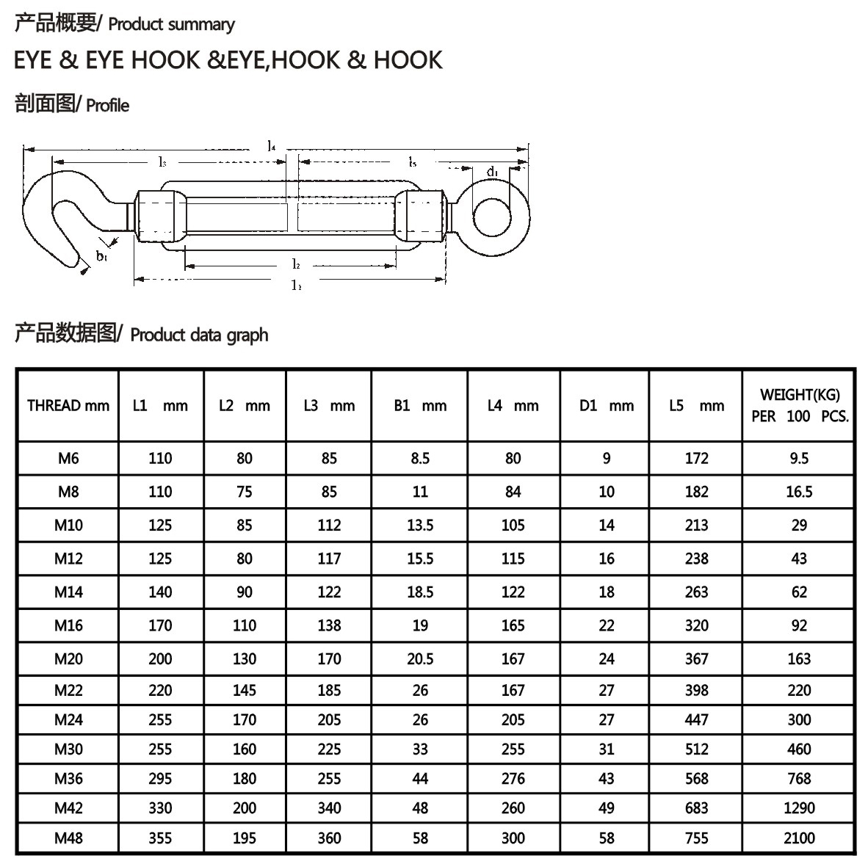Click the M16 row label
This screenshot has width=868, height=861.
pyautogui.click(x=68, y=625)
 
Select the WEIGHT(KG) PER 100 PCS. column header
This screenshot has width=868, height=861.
pyautogui.click(x=800, y=405)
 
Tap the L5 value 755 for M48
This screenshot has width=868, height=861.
pyautogui.click(x=696, y=838)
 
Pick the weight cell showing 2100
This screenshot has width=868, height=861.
pyautogui.click(x=799, y=838)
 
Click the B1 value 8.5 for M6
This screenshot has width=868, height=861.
pyautogui.click(x=420, y=458)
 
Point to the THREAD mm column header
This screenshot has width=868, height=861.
pyautogui.click(x=68, y=406)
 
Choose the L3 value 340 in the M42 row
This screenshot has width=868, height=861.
pyautogui.click(x=329, y=808)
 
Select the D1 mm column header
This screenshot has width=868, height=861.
pyautogui.click(x=606, y=406)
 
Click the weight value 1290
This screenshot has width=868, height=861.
pyautogui.click(x=799, y=808)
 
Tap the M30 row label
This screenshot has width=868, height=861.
pyautogui.click(x=68, y=749)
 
